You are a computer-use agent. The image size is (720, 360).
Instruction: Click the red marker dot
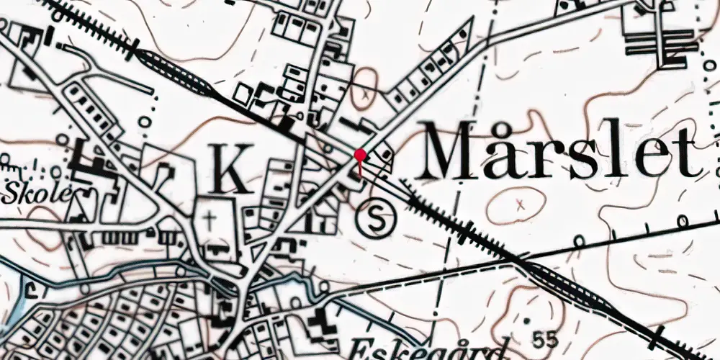(x=360, y=154)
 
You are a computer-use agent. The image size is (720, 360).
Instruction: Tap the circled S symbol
(x=376, y=220)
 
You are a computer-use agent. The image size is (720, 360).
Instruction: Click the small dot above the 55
(x=528, y=320)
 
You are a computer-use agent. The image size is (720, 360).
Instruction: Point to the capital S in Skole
(x=13, y=192)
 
